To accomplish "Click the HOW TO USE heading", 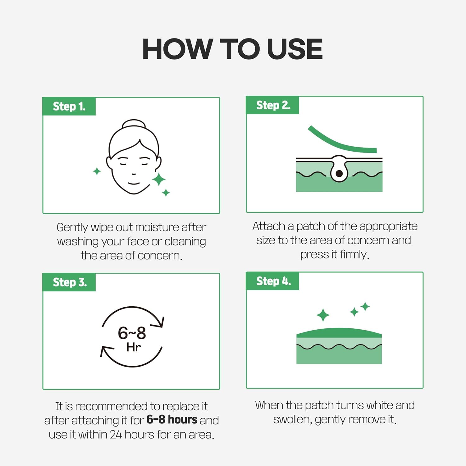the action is [233, 49].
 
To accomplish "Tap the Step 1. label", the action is [69, 107].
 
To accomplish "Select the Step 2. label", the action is [273, 105].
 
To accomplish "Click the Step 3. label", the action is [70, 282].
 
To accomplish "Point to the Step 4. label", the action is [273, 281].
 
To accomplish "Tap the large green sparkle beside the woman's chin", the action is [159, 179].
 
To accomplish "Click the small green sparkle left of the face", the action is [97, 171].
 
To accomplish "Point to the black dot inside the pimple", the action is [339, 173].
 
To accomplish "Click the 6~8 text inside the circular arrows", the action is [132, 333].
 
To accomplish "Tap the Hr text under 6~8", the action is [134, 347].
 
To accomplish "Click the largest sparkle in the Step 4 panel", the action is [323, 315].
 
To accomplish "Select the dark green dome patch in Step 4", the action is [339, 333].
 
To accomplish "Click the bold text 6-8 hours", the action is [172, 420].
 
